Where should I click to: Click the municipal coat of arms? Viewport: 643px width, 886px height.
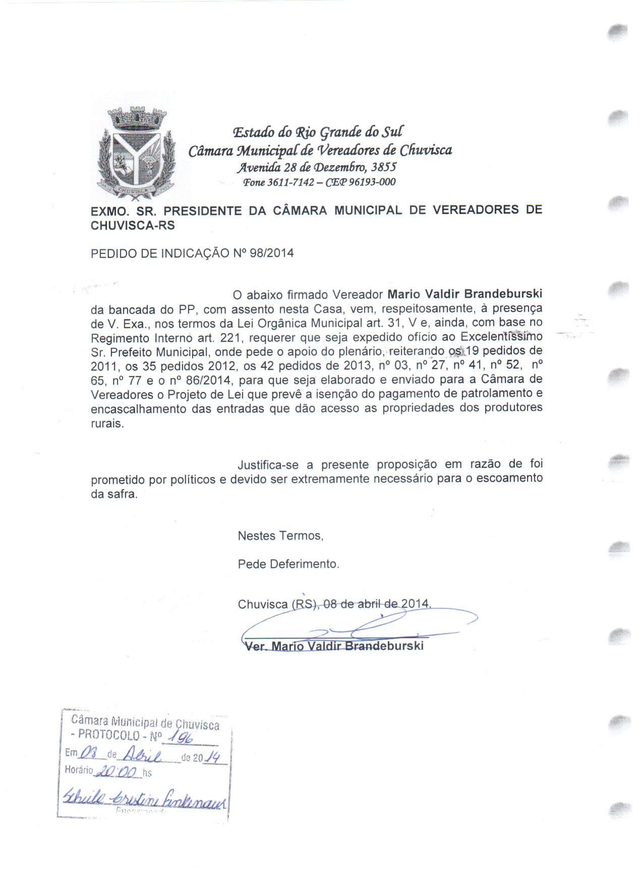(137, 153)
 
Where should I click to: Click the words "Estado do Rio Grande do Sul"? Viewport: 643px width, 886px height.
(318, 132)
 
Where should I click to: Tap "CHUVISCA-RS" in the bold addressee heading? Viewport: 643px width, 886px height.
(133, 226)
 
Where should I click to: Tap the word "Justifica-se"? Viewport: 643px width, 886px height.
(268, 464)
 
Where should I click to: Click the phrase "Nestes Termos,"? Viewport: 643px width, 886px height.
(280, 536)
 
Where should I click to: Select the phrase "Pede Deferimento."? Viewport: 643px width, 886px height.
(288, 563)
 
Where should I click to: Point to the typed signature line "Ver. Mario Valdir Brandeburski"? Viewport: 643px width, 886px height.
(333, 646)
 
